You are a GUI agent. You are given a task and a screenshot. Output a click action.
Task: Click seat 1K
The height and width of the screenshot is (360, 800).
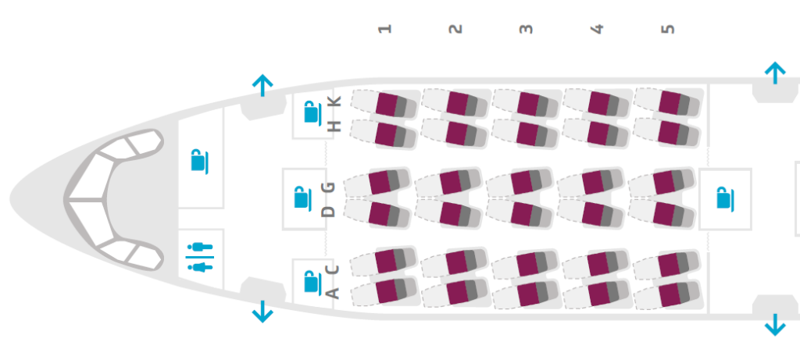pyautogui.click(x=387, y=104)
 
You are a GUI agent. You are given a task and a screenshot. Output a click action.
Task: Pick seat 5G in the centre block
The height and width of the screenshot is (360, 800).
pyautogui.click(x=664, y=183)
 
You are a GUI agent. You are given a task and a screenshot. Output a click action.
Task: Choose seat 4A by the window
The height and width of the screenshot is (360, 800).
pyautogui.click(x=600, y=293)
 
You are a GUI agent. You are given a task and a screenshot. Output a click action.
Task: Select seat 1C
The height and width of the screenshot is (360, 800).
pyautogui.click(x=387, y=262)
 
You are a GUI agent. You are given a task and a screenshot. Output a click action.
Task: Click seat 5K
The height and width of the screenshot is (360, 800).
pyautogui.click(x=670, y=103)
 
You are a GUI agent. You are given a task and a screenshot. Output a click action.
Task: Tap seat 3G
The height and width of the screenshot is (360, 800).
pyautogui.click(x=522, y=183)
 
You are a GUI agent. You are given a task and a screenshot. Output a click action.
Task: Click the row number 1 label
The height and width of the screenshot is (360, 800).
pyautogui.click(x=384, y=29)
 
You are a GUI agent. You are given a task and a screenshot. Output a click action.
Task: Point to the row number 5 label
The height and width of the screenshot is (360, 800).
pyautogui.click(x=667, y=29)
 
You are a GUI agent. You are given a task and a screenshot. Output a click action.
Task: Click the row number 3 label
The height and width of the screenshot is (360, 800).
pyautogui.click(x=526, y=29)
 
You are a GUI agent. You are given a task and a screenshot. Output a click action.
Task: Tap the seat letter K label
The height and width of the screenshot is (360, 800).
pyautogui.click(x=334, y=102)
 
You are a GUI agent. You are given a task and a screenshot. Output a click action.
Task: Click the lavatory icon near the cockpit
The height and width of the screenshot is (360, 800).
pyautogui.click(x=200, y=258)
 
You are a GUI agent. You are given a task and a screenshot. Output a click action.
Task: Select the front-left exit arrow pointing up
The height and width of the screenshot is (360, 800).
pyautogui.click(x=262, y=84)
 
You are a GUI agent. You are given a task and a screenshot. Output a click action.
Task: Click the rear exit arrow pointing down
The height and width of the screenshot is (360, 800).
pyautogui.click(x=774, y=323)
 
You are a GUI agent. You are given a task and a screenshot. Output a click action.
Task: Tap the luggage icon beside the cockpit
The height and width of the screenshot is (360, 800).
pyautogui.click(x=200, y=161)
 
